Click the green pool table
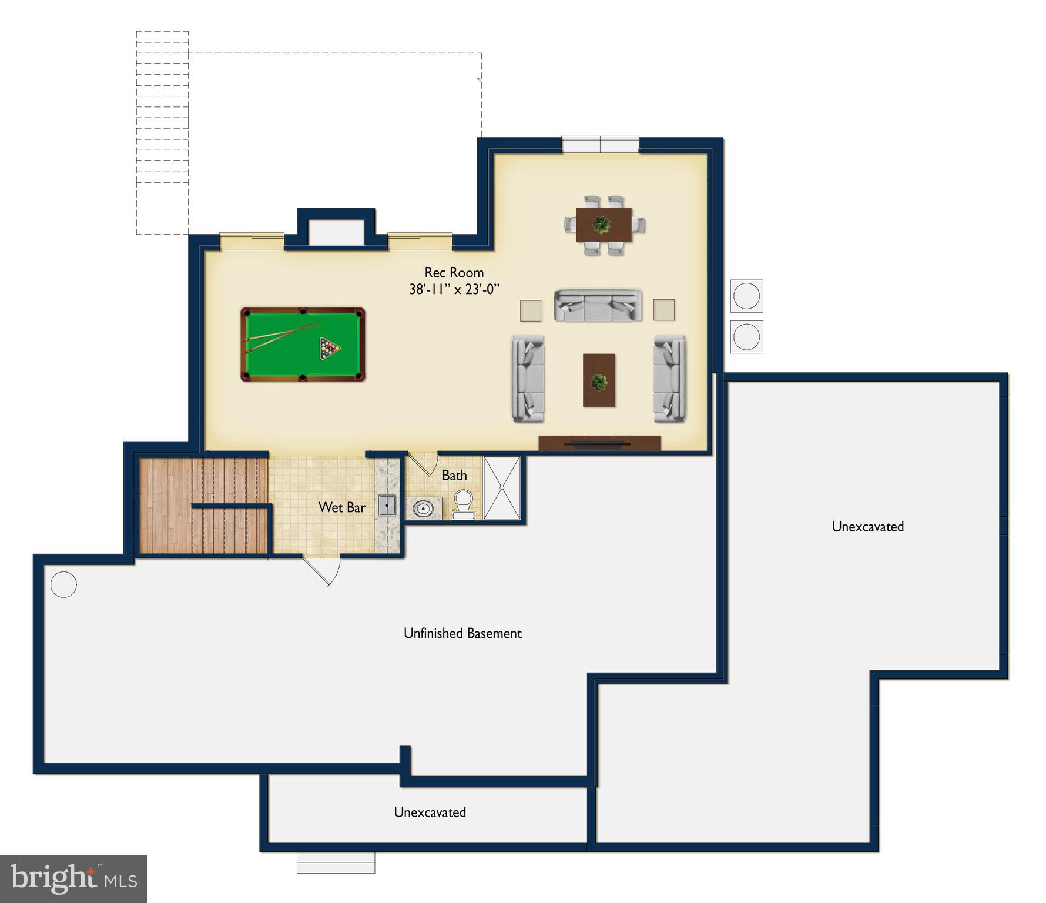coord(303,345)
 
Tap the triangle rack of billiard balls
coord(329,348)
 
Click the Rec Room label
coord(454,272)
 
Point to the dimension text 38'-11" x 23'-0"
coord(454,289)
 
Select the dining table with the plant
coord(604,225)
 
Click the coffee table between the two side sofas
coord(599,380)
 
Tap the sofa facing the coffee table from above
coord(598,306)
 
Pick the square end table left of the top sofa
coord(530,310)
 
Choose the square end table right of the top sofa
coord(664,310)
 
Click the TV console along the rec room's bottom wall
coord(599,443)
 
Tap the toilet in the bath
coord(463,505)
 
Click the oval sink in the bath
coord(423,508)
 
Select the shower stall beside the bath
coord(502,488)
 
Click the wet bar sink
coord(387,506)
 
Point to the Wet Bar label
coord(341,507)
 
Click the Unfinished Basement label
coord(462,633)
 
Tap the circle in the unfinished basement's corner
coord(63,584)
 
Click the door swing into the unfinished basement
coord(322,570)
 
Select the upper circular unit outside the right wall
coord(746,296)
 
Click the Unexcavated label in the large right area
coord(867,526)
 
